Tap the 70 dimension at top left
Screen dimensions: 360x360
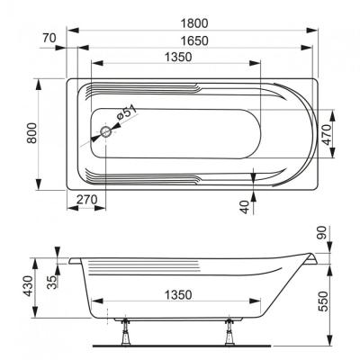point(49,39)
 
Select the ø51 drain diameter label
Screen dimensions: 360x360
point(128,114)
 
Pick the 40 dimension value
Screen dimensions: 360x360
point(245,206)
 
